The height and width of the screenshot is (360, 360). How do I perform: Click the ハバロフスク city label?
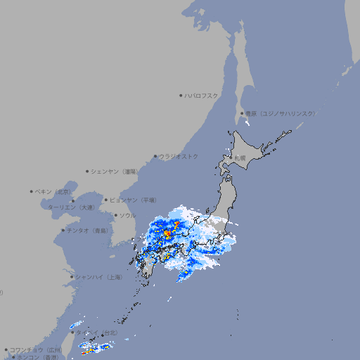pos(202,95)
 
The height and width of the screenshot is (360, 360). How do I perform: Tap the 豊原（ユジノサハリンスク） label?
pos(280,113)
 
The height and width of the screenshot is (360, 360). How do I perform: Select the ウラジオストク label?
pos(179,156)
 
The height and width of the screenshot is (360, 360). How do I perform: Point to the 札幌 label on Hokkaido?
pos(240,158)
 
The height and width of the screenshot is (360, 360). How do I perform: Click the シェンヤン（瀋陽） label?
pos(115,171)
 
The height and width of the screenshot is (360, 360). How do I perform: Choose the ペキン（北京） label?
pos(54,191)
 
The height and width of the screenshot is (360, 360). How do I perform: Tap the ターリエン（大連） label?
pos(70,207)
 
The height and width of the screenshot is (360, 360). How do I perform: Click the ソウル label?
pos(127,215)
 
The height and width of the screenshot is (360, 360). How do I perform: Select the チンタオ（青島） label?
pos(88,230)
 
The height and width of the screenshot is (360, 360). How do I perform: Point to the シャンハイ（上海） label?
pos(98,277)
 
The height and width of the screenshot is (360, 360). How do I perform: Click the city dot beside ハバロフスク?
pos(181,95)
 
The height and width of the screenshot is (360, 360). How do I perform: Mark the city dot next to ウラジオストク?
pos(155,156)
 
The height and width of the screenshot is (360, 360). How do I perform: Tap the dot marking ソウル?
pos(115,215)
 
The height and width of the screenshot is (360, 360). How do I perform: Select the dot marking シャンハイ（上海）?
pos(72,277)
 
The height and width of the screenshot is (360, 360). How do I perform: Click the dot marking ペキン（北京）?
pos(32,191)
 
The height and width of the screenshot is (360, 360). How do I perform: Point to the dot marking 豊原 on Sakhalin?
pos(242,113)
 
